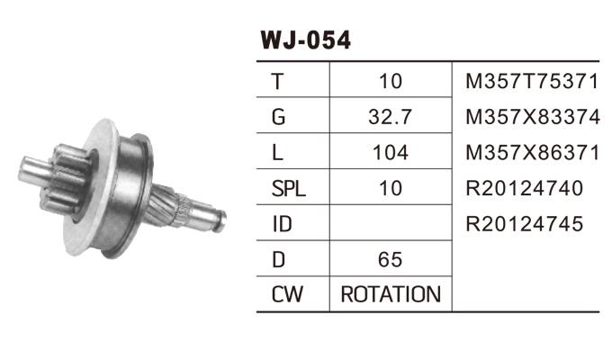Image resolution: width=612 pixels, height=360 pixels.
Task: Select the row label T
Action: click(x=278, y=82)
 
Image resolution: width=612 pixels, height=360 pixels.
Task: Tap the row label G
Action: click(x=278, y=117)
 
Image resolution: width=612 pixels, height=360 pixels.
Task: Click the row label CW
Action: click(x=286, y=294)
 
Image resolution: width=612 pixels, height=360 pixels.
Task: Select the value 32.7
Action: click(x=390, y=117)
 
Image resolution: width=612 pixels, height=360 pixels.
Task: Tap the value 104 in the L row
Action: click(x=390, y=153)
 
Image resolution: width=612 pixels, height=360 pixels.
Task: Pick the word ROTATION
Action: click(x=390, y=294)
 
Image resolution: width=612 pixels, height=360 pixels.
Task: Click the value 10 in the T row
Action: click(x=390, y=82)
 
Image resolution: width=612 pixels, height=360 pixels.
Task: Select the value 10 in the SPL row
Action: click(x=390, y=188)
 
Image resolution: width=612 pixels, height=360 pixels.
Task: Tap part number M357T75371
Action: click(x=531, y=82)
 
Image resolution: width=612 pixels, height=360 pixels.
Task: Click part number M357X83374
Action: click(x=531, y=117)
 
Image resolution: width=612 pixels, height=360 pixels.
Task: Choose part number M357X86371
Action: click(x=531, y=153)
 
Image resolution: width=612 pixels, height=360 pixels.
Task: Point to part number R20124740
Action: click(x=525, y=188)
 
